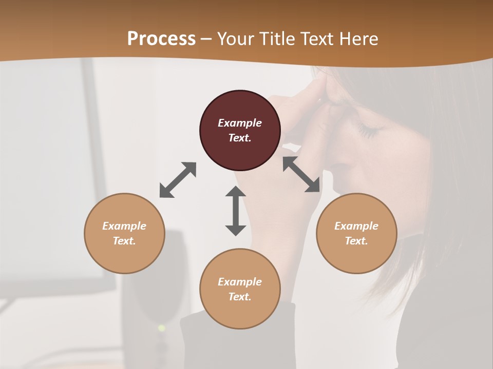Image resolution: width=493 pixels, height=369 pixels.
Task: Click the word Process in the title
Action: tap(161, 39)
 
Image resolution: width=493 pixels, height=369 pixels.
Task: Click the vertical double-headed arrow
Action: tap(236, 211)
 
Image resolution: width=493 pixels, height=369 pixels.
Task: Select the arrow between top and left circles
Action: tap(178, 180)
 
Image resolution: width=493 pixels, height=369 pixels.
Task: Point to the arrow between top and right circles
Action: tap(301, 175)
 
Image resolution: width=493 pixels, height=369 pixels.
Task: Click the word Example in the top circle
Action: tap(240, 123)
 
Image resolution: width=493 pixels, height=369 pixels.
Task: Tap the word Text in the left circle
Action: tap(124, 241)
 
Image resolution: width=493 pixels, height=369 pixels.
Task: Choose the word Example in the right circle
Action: tap(356, 226)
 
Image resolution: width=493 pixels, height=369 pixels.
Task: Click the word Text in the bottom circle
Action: tap(240, 297)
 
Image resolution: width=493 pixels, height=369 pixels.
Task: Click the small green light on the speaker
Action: tap(162, 327)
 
